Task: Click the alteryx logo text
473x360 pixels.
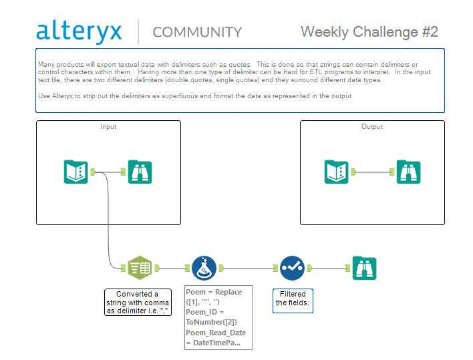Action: [x=79, y=31]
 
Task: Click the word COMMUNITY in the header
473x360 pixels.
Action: [x=197, y=32]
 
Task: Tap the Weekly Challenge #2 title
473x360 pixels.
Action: [x=369, y=32]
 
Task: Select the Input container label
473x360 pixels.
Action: [x=108, y=127]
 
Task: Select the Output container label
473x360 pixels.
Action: [x=372, y=127]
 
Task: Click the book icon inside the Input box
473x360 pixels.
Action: [x=75, y=172]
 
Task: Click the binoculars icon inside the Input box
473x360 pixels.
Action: [x=140, y=172]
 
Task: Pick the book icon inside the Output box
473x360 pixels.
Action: [x=336, y=172]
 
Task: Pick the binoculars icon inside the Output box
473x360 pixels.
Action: [x=408, y=172]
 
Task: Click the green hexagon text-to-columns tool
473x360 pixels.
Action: [x=140, y=268]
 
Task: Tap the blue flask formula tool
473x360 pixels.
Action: [x=204, y=268]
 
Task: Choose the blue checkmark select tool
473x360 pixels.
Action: [x=292, y=268]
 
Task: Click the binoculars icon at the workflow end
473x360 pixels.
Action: [x=364, y=268]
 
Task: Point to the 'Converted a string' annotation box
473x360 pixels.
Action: [x=138, y=303]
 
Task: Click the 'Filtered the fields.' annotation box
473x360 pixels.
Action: [x=293, y=301]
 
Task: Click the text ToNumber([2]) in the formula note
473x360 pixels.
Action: [x=212, y=322]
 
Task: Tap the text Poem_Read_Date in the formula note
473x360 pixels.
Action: [x=216, y=333]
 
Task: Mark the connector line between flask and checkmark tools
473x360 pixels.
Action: [x=249, y=268]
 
